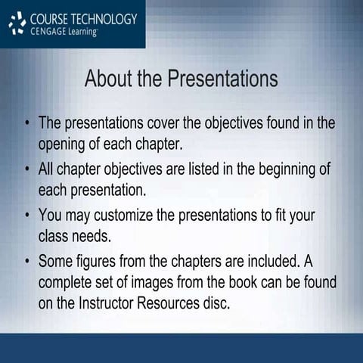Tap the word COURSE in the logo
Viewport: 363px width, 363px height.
click(x=52, y=18)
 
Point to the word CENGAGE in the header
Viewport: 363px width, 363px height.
click(x=50, y=32)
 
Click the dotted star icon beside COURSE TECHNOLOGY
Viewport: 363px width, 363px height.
click(x=17, y=25)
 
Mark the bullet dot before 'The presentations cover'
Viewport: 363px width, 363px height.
click(x=27, y=123)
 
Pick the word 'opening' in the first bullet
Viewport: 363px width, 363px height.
click(x=64, y=143)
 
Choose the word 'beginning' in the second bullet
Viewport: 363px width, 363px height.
click(x=290, y=169)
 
